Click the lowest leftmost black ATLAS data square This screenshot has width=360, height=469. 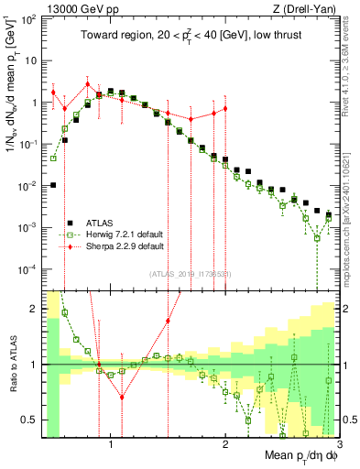pos(53,185)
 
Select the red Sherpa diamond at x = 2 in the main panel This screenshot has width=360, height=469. pos(225,108)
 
